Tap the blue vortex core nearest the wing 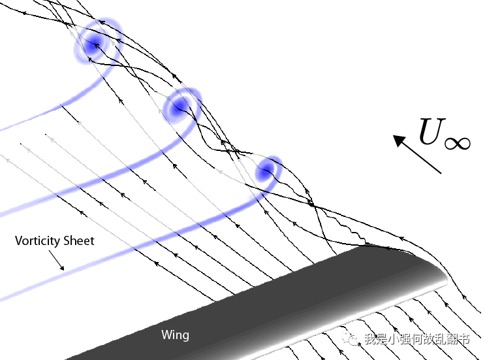[265, 172]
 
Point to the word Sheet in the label [79, 241]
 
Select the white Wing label [175, 335]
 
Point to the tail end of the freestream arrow [441, 172]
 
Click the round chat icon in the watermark [352, 338]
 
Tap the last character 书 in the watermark [463, 339]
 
